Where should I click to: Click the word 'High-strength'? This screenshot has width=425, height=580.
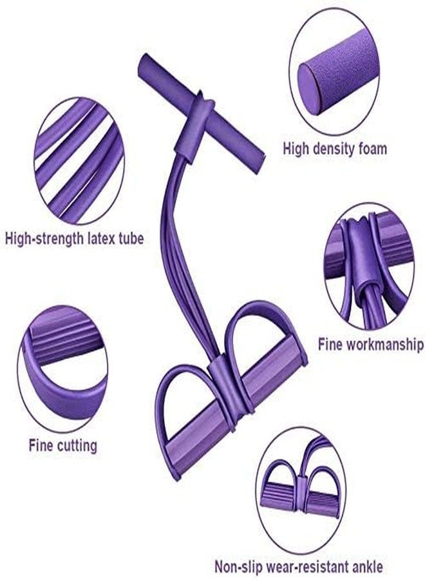(x=44, y=239)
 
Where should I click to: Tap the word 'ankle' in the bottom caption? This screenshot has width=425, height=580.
(x=364, y=566)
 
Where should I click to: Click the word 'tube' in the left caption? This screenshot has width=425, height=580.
(x=131, y=238)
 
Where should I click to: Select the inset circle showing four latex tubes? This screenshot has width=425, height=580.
(x=80, y=160)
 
